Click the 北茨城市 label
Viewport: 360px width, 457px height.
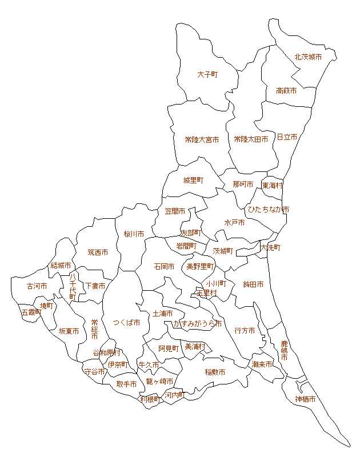(308, 57)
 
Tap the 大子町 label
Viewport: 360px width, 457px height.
(207, 75)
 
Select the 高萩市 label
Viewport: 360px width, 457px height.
(286, 91)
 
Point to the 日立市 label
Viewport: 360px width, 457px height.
(287, 137)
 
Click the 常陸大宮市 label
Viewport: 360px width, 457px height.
(202, 139)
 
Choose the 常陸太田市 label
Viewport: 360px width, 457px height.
(251, 139)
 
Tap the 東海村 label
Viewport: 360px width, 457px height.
(273, 186)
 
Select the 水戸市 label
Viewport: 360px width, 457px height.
(234, 223)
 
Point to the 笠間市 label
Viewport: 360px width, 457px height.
(175, 211)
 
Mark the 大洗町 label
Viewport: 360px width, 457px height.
(270, 248)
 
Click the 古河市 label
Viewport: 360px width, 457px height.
(37, 286)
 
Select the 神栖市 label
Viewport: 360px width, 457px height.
(305, 399)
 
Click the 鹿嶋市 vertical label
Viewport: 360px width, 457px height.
(285, 350)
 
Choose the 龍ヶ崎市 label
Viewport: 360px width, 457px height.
(159, 381)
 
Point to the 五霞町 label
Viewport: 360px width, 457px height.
(31, 312)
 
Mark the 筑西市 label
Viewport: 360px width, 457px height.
(98, 252)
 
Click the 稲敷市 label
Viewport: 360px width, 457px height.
(215, 372)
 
